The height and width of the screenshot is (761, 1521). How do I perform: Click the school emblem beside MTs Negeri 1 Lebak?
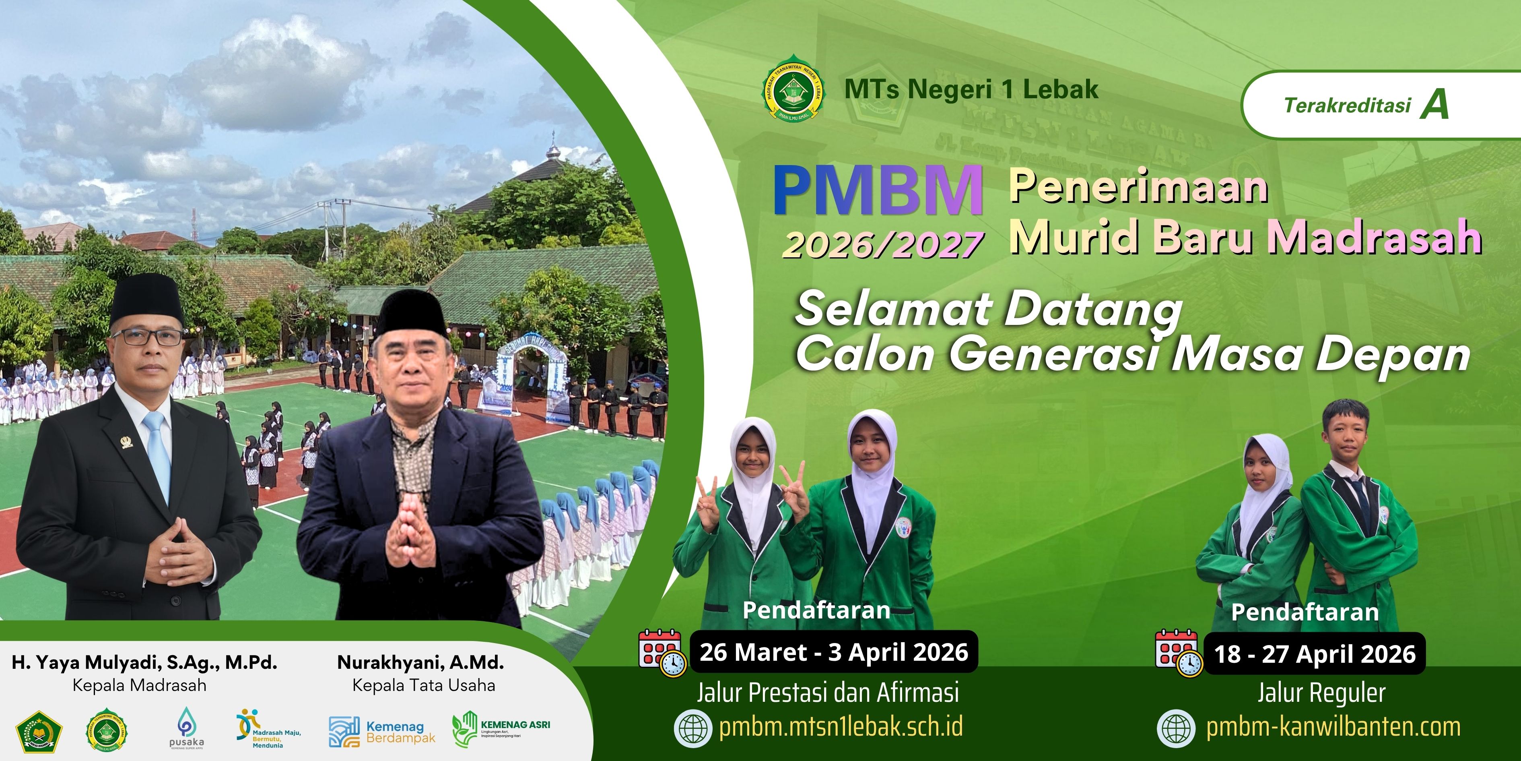(793, 89)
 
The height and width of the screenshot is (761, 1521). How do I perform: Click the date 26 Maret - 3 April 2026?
(834, 652)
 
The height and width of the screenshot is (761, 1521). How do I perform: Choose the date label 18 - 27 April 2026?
(1314, 653)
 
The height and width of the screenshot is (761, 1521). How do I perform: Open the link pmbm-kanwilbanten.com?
(1333, 727)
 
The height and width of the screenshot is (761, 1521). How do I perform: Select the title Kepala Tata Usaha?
(423, 685)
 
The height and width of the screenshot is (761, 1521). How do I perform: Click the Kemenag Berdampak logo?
(381, 732)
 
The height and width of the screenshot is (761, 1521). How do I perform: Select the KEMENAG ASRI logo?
(501, 728)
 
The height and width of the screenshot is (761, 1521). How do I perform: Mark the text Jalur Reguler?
(1321, 693)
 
